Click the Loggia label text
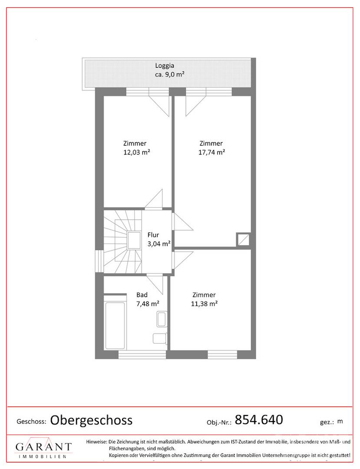(165, 66)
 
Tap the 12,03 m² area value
(137, 152)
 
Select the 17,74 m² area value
(211, 152)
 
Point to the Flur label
(153, 235)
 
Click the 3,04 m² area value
(159, 244)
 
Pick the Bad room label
(142, 295)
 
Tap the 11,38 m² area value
(204, 304)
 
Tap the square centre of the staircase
(134, 241)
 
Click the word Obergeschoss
(91, 420)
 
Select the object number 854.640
(259, 419)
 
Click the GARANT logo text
(44, 447)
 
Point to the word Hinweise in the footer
(96, 442)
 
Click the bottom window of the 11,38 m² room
(222, 354)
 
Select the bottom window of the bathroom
(142, 354)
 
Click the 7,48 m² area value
(148, 304)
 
